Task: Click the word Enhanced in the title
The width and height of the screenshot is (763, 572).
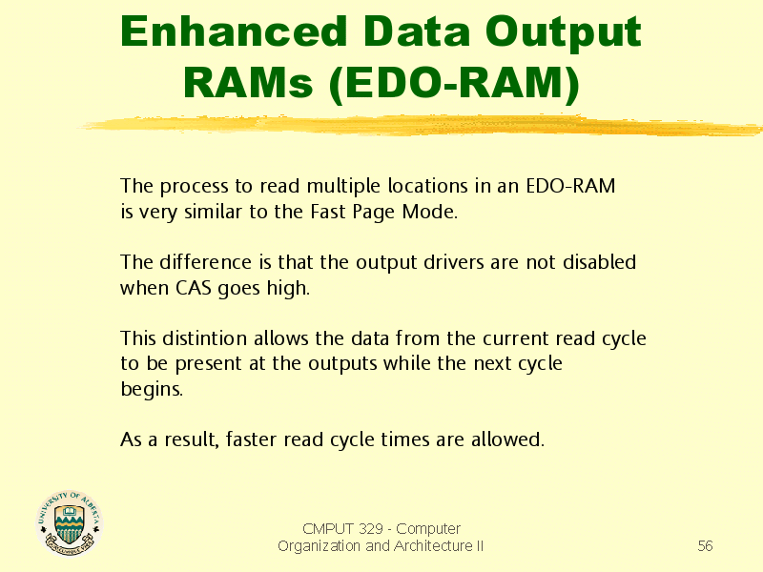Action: [x=234, y=31]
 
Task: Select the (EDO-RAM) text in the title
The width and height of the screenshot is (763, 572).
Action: [x=454, y=85]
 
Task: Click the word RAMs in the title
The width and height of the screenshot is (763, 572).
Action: [x=248, y=82]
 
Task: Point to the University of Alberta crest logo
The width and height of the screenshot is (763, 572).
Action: [x=70, y=522]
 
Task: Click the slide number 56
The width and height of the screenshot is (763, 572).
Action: [x=705, y=545]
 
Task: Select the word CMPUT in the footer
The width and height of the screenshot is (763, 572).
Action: [x=328, y=528]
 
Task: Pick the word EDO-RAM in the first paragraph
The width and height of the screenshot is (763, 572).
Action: [x=570, y=186]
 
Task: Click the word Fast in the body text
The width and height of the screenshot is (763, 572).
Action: [x=328, y=212]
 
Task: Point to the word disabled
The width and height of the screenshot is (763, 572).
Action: [x=599, y=262]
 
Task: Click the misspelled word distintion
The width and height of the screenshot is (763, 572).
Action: [x=204, y=338]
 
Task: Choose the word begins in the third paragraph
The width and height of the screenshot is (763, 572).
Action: [x=152, y=390]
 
